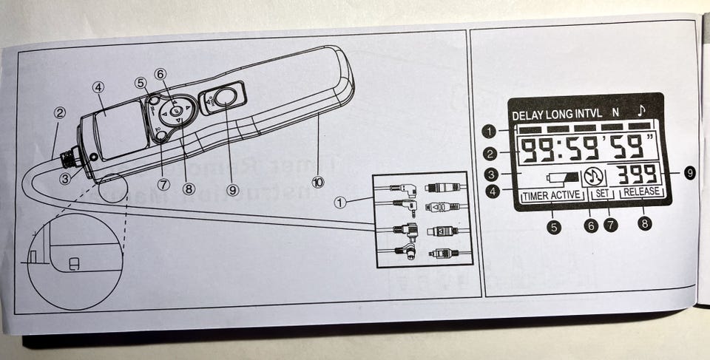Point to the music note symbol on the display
click(x=641, y=112)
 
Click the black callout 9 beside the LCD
click(x=689, y=173)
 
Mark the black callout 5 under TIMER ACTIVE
click(x=555, y=225)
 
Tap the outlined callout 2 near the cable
click(x=61, y=114)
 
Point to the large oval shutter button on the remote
click(x=226, y=97)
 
